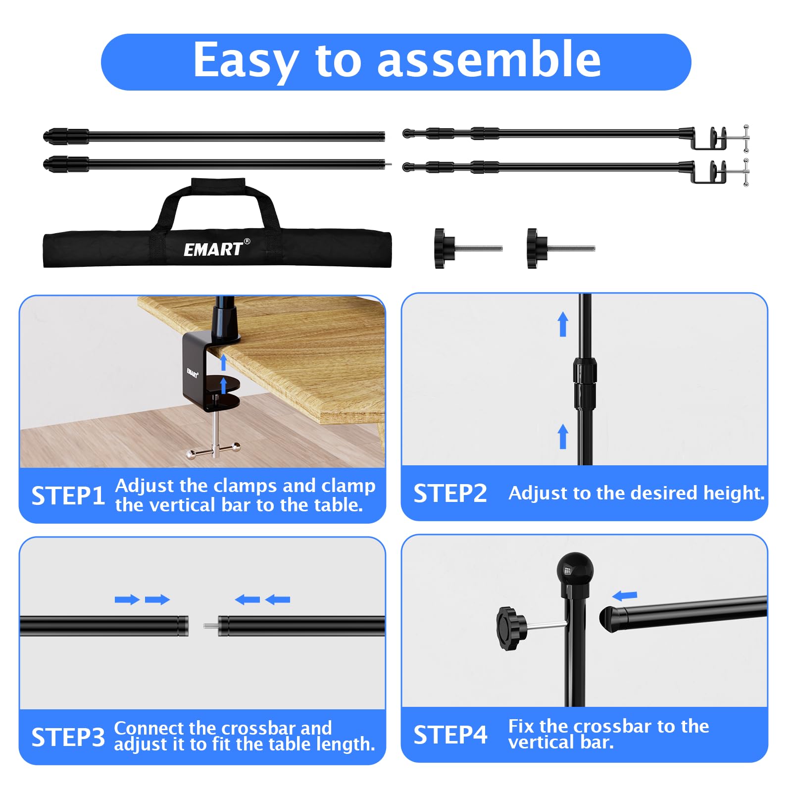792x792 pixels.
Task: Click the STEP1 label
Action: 68,496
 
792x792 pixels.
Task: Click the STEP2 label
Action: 450,494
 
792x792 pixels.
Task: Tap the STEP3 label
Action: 68,737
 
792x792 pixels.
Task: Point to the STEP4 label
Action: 450,735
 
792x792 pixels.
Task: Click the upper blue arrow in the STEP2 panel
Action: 563,324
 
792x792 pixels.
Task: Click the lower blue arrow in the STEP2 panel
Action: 563,437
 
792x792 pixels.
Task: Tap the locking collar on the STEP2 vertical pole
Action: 585,382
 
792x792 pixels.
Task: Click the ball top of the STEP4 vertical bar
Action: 575,569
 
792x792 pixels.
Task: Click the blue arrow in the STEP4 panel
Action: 624,595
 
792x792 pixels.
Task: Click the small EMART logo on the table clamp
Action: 192,372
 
